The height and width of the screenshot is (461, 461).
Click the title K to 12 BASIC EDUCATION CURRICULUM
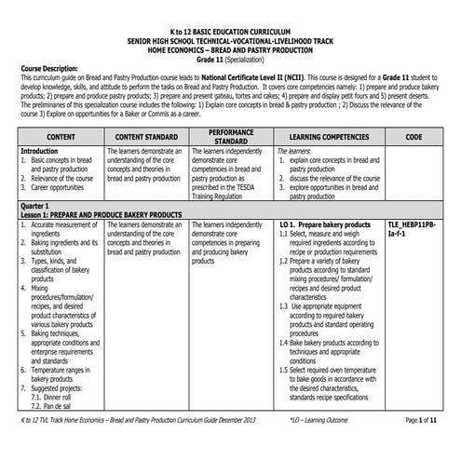coord(230,31)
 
